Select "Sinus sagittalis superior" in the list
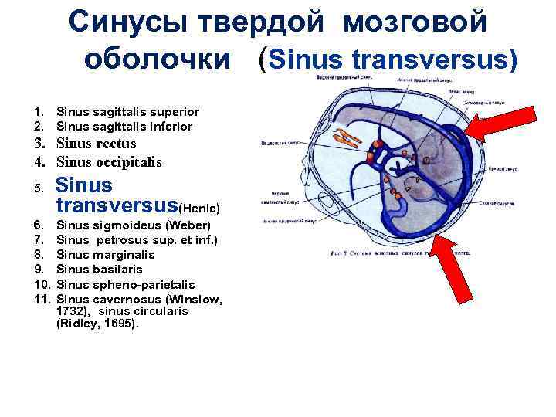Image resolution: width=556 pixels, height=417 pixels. coord(128,112)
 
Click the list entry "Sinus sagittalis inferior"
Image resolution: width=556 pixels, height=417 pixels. coord(124,126)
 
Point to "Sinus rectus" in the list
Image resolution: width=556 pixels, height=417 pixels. coord(97,144)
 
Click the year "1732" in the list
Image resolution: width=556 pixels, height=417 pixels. coord(71,311)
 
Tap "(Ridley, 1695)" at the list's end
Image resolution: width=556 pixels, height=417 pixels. coord(97,324)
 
